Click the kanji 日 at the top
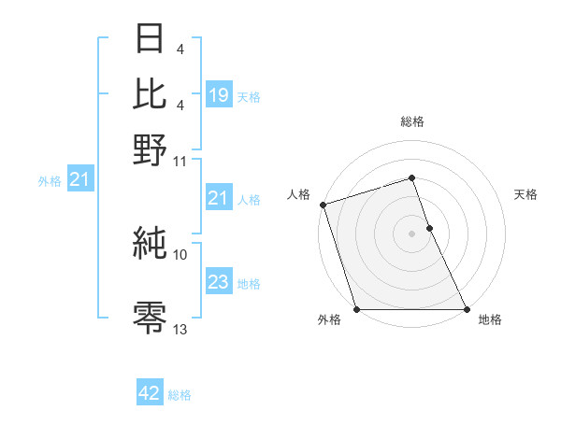[x=150, y=40]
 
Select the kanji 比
[x=150, y=93]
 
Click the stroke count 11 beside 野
[x=180, y=161]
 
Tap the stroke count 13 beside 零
[x=180, y=328]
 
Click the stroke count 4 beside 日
[x=180, y=48]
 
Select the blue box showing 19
[x=219, y=94]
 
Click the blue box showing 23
[x=219, y=282]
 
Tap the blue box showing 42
[x=149, y=393]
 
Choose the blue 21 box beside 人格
[x=219, y=198]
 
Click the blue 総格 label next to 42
[x=180, y=395]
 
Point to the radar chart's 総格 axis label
[x=412, y=121]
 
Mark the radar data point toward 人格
[x=323, y=205]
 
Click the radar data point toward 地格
[x=466, y=309]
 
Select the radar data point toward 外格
[x=357, y=309]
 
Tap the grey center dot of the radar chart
[x=412, y=234]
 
